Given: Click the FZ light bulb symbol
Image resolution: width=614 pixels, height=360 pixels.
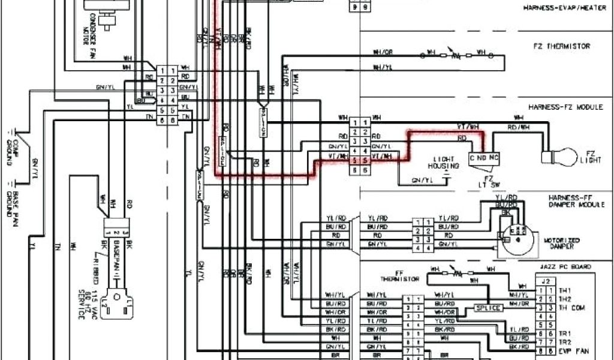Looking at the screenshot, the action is [554, 157].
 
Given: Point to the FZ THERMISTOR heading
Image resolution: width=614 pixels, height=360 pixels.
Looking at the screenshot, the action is [561, 46].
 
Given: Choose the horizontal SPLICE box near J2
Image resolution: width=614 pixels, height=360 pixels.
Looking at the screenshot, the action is [487, 307].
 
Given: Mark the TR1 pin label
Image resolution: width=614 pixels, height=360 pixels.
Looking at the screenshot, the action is [563, 332].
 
